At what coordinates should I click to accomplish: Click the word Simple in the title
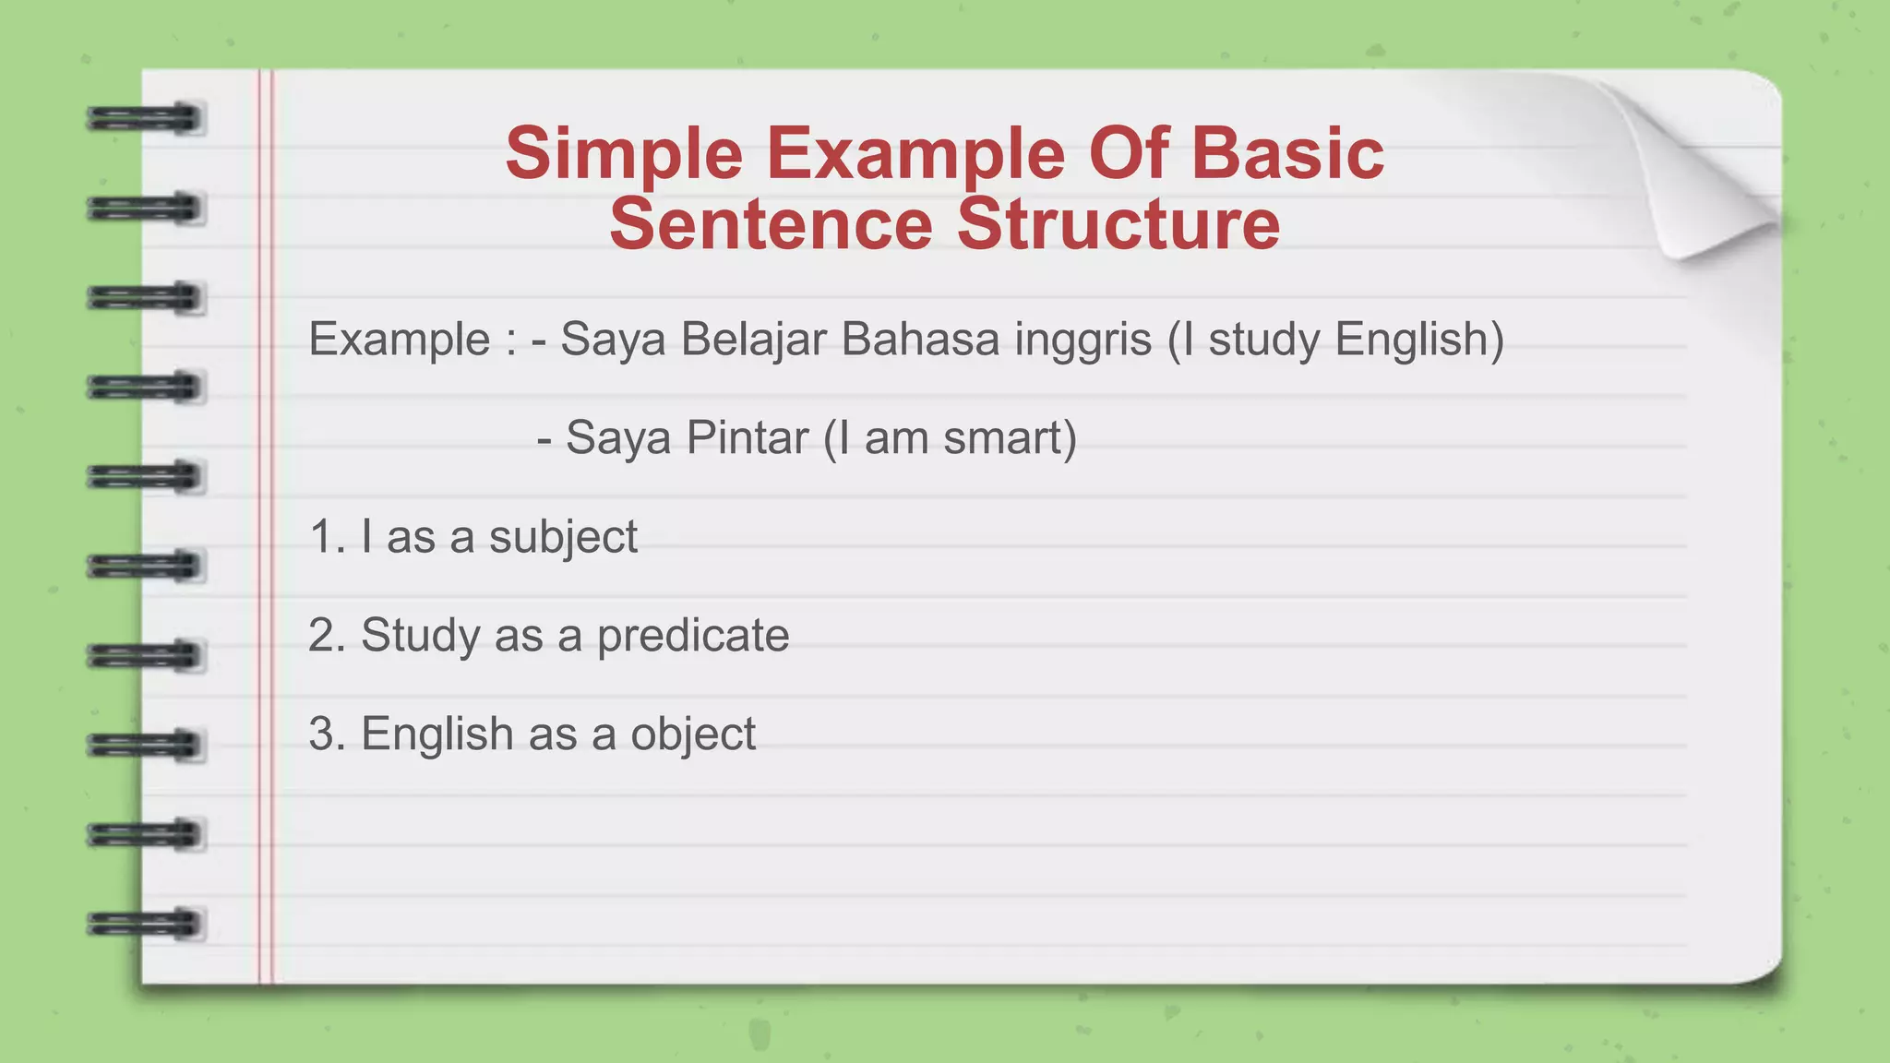click(x=624, y=153)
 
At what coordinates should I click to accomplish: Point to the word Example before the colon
click(x=399, y=339)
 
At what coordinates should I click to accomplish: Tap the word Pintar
click(x=747, y=437)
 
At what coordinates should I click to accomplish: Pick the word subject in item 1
click(x=563, y=537)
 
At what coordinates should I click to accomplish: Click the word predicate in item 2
click(x=692, y=636)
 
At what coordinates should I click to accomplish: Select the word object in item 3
click(x=692, y=735)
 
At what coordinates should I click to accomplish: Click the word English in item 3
click(x=437, y=735)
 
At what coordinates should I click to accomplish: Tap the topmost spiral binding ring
click(x=145, y=119)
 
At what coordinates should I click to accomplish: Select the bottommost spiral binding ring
click(x=145, y=924)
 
